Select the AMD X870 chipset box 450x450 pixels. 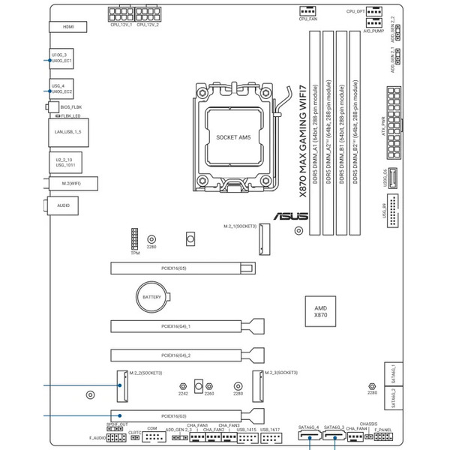pyautogui.click(x=321, y=312)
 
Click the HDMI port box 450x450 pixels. pyautogui.click(x=68, y=27)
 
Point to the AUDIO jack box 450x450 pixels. pyautogui.click(x=64, y=204)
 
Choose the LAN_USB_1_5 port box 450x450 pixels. pyautogui.click(x=67, y=132)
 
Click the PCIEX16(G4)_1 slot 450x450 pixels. pyautogui.click(x=188, y=327)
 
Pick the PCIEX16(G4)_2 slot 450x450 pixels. pyautogui.click(x=188, y=355)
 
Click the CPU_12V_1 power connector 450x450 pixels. pyautogui.click(x=121, y=14)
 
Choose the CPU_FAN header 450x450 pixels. pyautogui.click(x=308, y=10)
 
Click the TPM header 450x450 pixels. pyautogui.click(x=135, y=238)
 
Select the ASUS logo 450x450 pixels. pyautogui.click(x=289, y=217)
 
